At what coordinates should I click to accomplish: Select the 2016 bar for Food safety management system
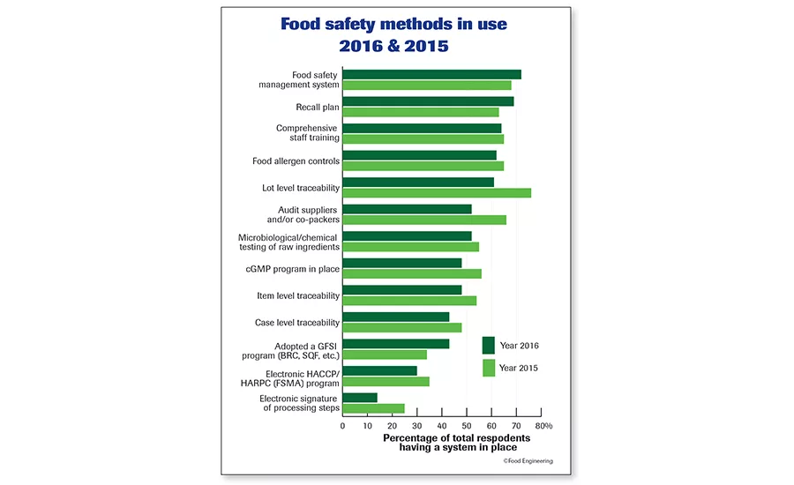pyautogui.click(x=431, y=74)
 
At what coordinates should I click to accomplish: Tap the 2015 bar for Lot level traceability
pyautogui.click(x=437, y=192)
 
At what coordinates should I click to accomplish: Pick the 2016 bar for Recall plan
pyautogui.click(x=428, y=101)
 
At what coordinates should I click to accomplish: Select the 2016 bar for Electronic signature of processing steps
pyautogui.click(x=360, y=398)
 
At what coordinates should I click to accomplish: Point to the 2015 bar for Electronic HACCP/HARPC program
pyautogui.click(x=386, y=381)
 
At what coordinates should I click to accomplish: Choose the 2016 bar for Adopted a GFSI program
pyautogui.click(x=395, y=343)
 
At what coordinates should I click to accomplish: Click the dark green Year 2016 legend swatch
pyautogui.click(x=489, y=345)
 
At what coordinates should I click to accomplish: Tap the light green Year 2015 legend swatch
pyautogui.click(x=489, y=368)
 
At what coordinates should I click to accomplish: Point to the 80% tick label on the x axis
pyautogui.click(x=543, y=425)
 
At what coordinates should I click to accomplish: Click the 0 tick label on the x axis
pyautogui.click(x=342, y=425)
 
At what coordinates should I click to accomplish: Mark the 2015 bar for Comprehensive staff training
pyautogui.click(x=423, y=138)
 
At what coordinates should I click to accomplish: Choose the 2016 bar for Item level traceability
pyautogui.click(x=401, y=289)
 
